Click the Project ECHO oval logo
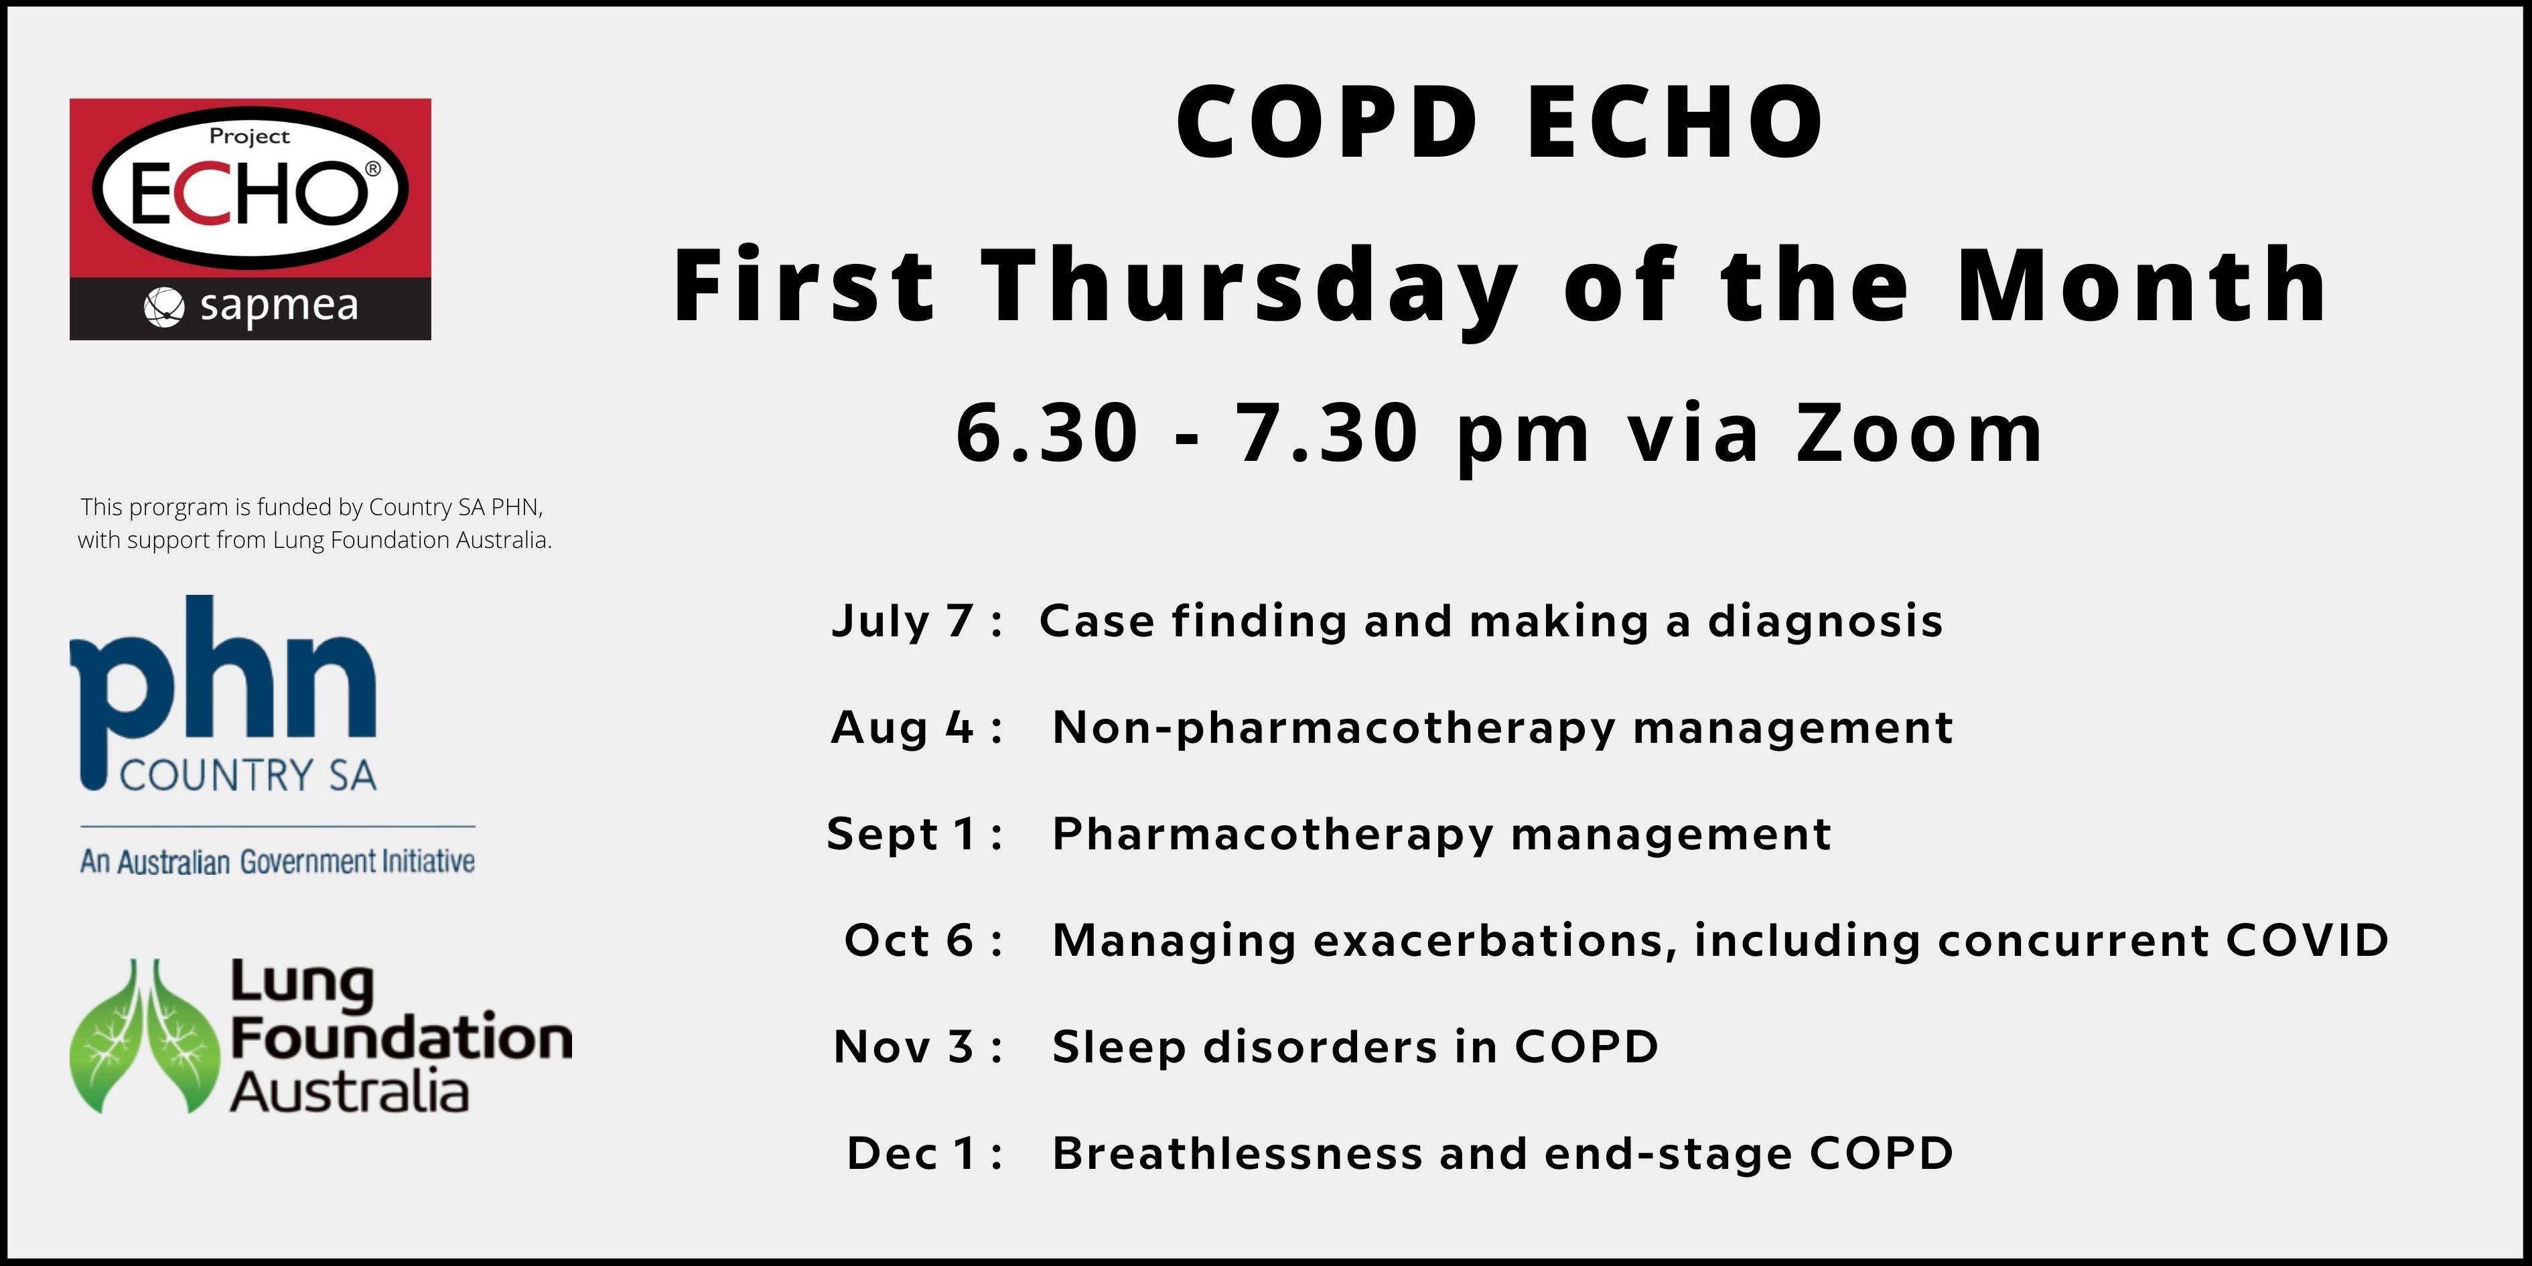pos(251,187)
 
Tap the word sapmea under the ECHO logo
pos(279,307)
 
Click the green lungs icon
pos(143,1036)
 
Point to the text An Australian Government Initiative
pos(277,862)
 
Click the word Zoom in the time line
pos(1920,433)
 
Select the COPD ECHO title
pos(1500,122)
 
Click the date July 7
pos(902,621)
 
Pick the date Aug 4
pos(902,727)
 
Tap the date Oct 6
pos(909,940)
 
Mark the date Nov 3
pos(904,1047)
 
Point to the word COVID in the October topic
pos(2307,940)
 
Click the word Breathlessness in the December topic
pos(1237,1153)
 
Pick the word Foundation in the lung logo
pos(401,1038)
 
